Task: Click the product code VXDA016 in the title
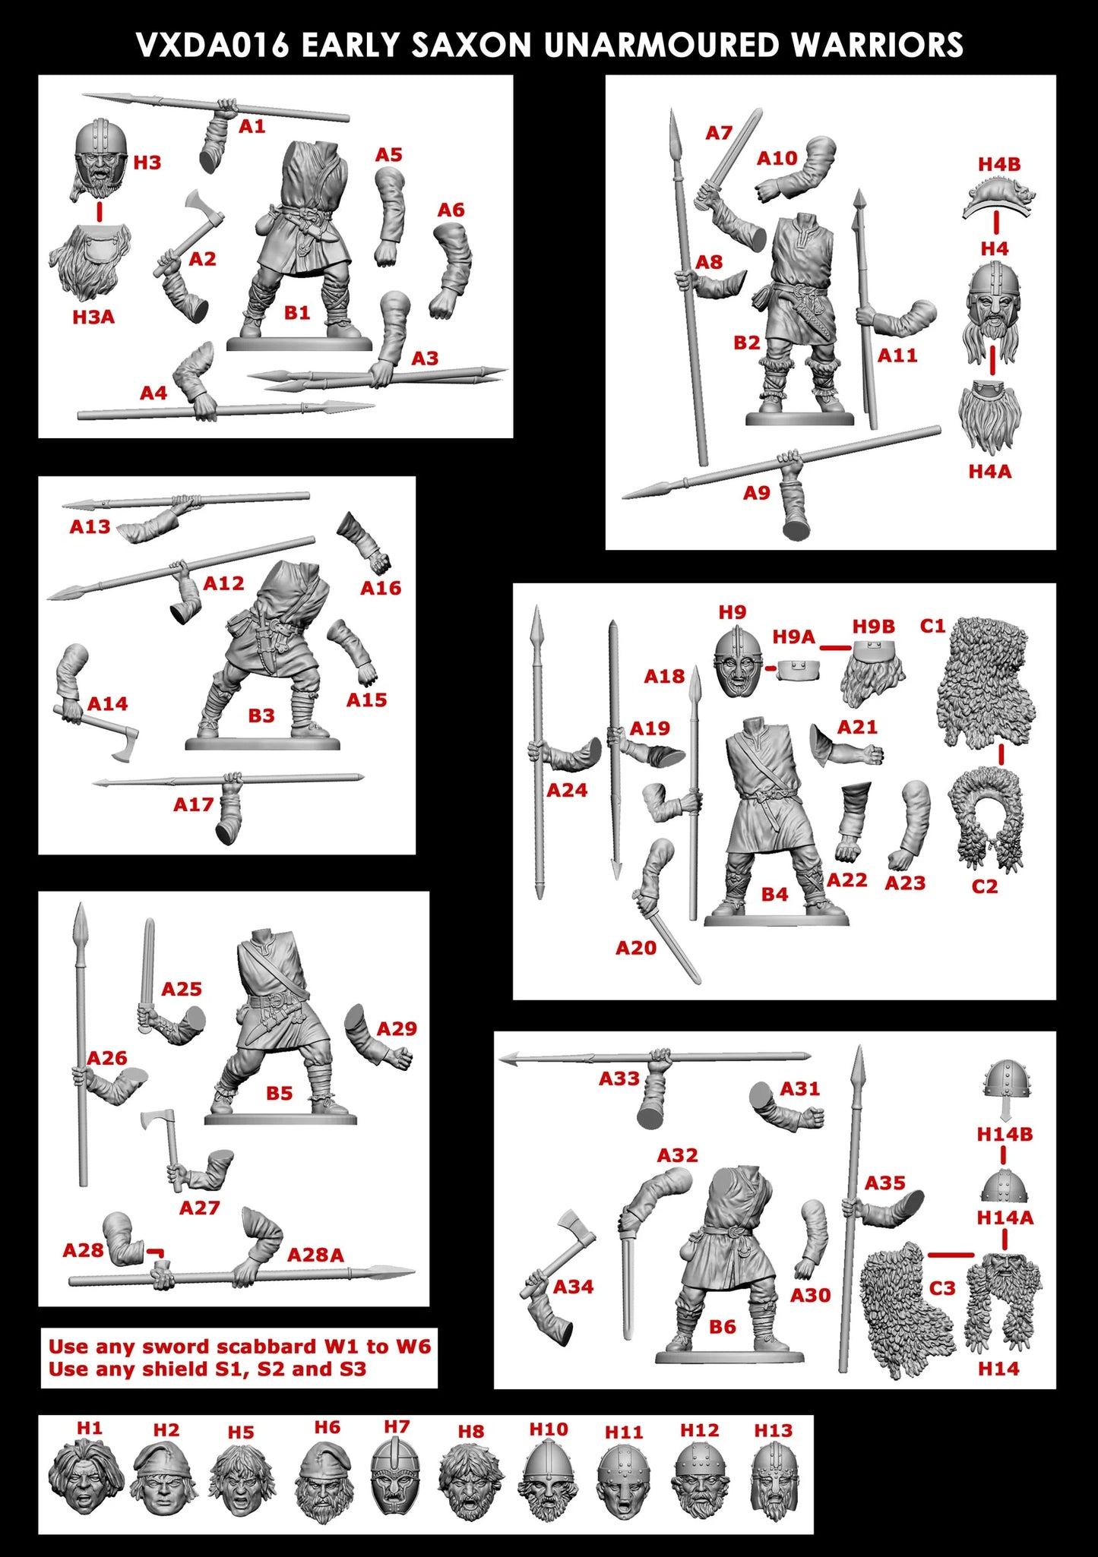point(213,46)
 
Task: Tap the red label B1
point(296,313)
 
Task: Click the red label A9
point(757,493)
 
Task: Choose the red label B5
point(279,1093)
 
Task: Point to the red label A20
point(636,948)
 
